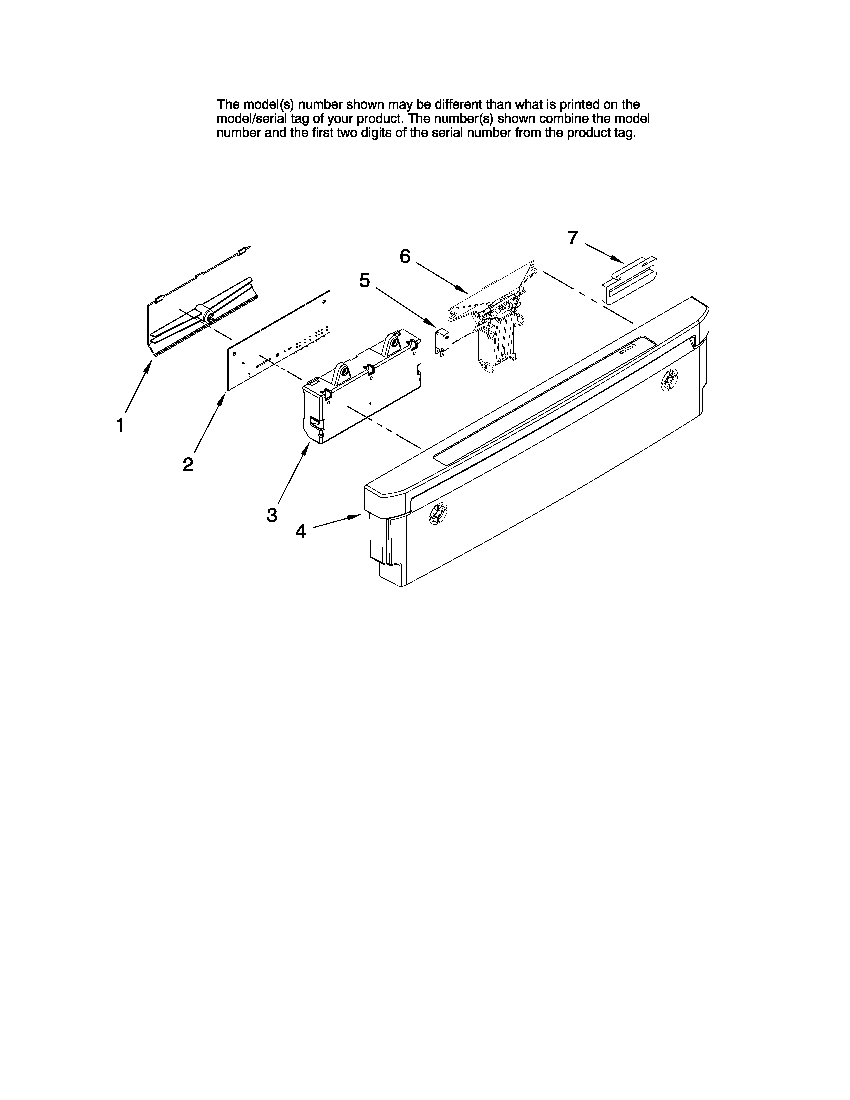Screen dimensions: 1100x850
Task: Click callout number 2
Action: click(x=188, y=464)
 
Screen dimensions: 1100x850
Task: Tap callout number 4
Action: click(x=301, y=531)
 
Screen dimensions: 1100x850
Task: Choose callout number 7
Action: click(x=573, y=238)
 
